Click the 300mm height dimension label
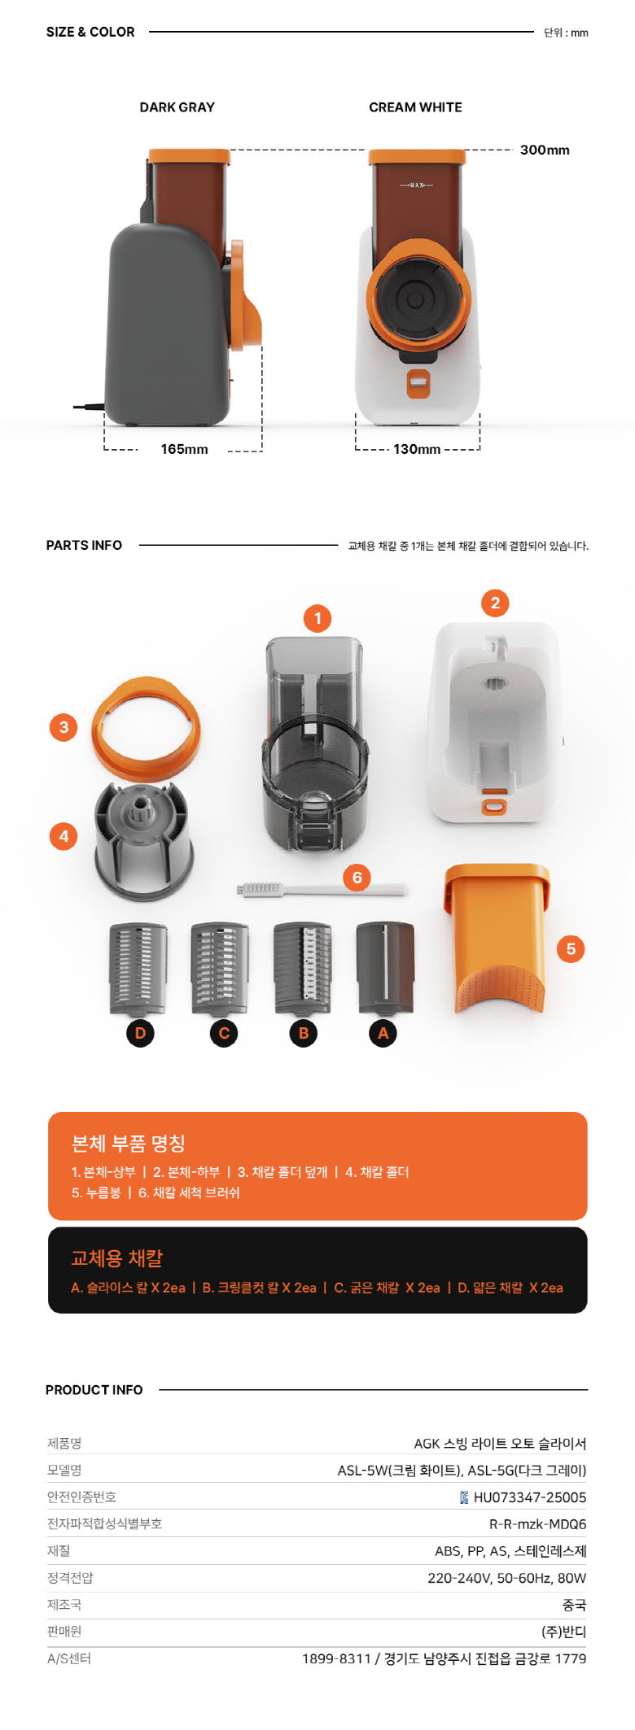[x=545, y=150]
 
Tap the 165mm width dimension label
[x=184, y=449]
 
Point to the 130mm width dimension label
[x=417, y=449]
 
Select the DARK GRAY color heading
[x=177, y=107]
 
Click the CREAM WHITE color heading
[x=415, y=107]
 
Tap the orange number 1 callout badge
[x=317, y=618]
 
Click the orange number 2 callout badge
[x=495, y=603]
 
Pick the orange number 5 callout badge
[x=571, y=948]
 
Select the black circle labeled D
[x=140, y=1033]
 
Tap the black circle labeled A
[x=383, y=1033]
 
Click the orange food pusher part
[x=496, y=939]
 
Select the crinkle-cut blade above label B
[x=303, y=968]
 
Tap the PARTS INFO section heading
[x=84, y=545]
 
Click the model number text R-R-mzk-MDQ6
[x=537, y=1524]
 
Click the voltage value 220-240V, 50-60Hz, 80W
[x=506, y=1578]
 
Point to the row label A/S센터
[x=69, y=1658]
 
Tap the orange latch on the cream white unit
[x=418, y=384]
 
